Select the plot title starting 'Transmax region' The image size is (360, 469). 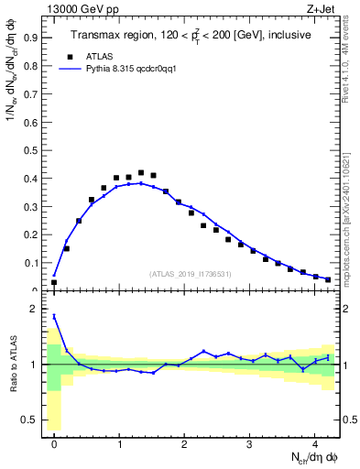pyautogui.click(x=191, y=35)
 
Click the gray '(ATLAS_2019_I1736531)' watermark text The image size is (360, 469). pyautogui.click(x=191, y=274)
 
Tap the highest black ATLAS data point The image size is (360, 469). pyautogui.click(x=140, y=172)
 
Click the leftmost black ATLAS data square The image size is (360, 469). pyautogui.click(x=54, y=282)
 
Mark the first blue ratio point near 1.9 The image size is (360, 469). pyautogui.click(x=54, y=316)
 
